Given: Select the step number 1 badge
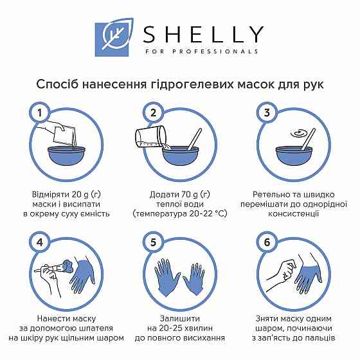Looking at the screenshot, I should (39, 113).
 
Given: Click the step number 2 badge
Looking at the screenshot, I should (153, 113).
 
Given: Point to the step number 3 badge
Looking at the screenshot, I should (267, 113).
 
